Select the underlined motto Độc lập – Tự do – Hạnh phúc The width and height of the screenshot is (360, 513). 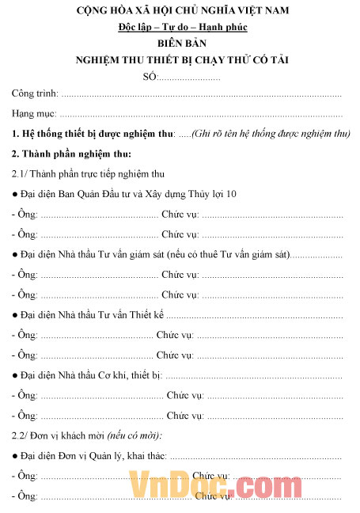click(180, 28)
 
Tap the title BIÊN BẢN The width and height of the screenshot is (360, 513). click(180, 44)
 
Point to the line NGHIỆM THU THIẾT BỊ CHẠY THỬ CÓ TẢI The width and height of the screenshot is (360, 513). click(180, 60)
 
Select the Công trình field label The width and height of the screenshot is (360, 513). click(36, 94)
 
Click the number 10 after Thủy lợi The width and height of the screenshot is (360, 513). click(231, 193)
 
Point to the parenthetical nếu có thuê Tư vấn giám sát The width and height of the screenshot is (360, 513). click(229, 254)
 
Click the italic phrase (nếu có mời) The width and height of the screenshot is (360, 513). click(138, 435)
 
